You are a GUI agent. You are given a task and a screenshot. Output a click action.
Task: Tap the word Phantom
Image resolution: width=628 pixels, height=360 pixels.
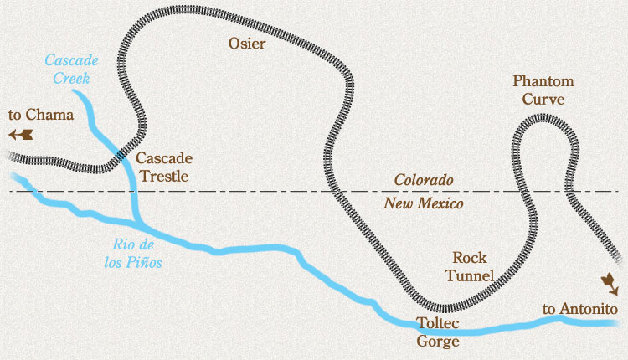click(x=544, y=82)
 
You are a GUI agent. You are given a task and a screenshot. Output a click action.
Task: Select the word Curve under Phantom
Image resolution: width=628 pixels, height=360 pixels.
click(x=544, y=100)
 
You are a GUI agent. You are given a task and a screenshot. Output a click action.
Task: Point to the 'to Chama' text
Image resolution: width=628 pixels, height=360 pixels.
click(x=40, y=116)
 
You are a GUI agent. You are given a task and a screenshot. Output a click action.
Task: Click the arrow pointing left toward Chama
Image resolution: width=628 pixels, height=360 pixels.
click(x=21, y=134)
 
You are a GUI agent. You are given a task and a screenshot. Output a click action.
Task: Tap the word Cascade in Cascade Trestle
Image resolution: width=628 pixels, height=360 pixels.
click(x=164, y=158)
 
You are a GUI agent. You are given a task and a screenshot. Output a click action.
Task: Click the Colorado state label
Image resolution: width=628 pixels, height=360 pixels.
click(x=424, y=181)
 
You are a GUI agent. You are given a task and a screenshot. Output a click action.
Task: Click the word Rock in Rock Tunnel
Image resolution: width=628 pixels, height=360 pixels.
click(x=469, y=258)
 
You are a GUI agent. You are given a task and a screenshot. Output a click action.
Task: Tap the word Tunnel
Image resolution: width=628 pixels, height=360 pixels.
click(x=470, y=275)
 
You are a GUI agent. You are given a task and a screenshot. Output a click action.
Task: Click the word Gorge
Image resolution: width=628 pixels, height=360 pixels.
click(x=437, y=341)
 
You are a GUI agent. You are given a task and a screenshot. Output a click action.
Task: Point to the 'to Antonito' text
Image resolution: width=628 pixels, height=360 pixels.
click(x=580, y=310)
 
